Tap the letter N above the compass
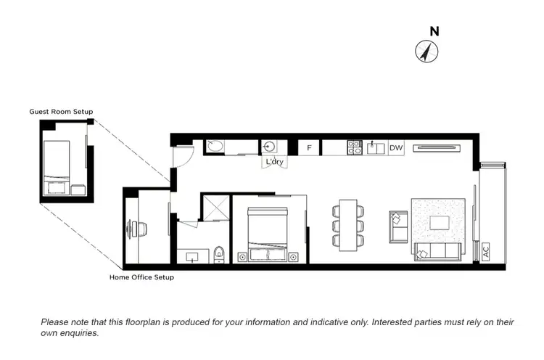[434, 31]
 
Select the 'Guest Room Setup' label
[61, 111]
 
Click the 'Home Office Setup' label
[141, 277]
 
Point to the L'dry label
[274, 161]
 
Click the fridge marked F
[309, 148]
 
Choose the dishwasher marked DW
[395, 148]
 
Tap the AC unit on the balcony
[485, 252]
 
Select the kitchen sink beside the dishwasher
[376, 148]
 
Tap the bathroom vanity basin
[192, 256]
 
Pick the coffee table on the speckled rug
[440, 222]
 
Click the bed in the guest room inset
[57, 161]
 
